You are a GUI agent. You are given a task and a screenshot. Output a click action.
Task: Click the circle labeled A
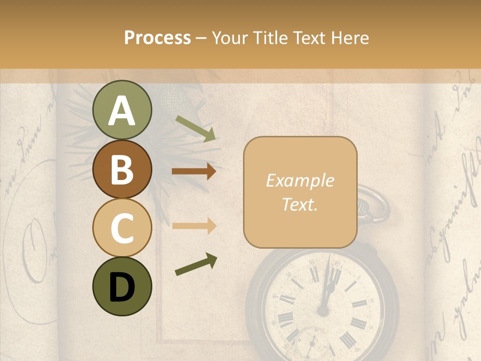click(122, 110)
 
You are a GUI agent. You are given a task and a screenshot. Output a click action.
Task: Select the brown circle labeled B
click(122, 168)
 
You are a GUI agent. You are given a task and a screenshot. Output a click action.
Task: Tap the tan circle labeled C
click(122, 228)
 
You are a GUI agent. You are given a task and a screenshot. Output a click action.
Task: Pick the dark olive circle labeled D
click(122, 286)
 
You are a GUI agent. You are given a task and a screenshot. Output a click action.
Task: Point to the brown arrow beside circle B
click(194, 171)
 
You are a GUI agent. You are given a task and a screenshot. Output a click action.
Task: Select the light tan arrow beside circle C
click(194, 225)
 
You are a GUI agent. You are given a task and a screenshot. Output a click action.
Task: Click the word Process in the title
click(157, 38)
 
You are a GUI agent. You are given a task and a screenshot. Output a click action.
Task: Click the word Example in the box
click(300, 180)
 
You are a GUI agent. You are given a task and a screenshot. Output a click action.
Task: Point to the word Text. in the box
click(300, 204)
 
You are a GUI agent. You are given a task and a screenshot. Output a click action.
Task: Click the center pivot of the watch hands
click(323, 310)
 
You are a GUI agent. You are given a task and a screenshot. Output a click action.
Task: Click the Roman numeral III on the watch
click(361, 304)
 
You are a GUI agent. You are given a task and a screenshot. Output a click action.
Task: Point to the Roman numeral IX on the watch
click(287, 299)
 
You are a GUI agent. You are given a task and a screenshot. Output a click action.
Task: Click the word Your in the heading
click(229, 38)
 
